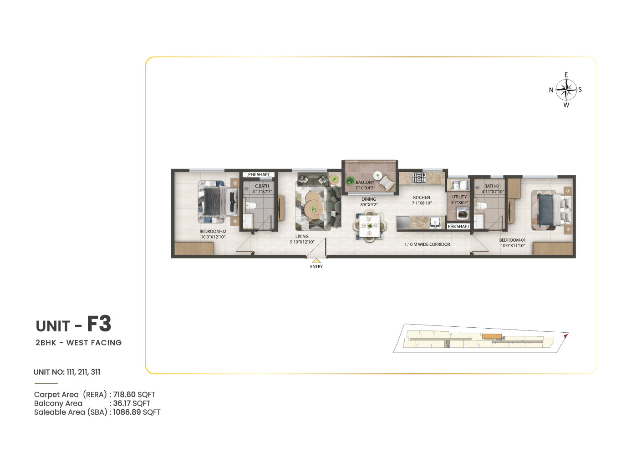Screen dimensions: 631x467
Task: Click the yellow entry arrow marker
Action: point(316,261)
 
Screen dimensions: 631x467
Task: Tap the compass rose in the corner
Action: point(566,90)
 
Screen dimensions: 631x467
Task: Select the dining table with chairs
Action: point(369,226)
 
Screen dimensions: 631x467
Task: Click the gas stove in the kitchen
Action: point(419,178)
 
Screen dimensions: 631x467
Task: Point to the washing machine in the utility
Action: point(462,213)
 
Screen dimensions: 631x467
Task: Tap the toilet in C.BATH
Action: point(251,205)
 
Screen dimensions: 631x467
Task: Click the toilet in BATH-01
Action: point(481,205)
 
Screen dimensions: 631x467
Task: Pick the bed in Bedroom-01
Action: point(551,210)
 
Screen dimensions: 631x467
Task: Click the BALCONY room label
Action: point(365,183)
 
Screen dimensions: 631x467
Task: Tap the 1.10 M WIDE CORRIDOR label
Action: point(427,244)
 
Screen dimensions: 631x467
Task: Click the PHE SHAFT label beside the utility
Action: point(458,226)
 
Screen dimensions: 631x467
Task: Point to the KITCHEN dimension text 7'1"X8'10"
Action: point(422,203)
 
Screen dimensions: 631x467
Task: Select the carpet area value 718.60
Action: point(124,395)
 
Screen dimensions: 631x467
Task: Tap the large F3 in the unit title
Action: point(99,324)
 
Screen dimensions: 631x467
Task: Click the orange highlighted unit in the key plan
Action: point(491,336)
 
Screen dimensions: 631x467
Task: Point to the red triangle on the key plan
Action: point(565,336)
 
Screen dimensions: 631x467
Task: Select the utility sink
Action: point(458,185)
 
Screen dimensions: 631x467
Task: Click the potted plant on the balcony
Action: point(350,180)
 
